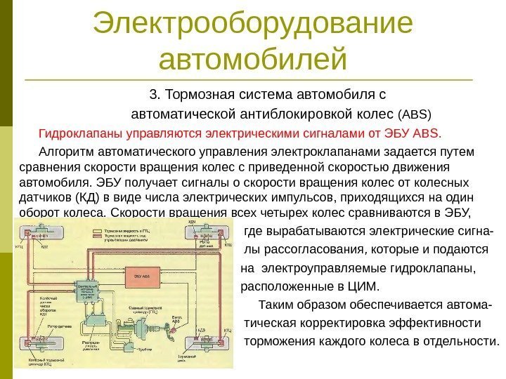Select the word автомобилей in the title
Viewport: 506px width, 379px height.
pos(253,59)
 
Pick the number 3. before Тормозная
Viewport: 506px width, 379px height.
pos(155,94)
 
